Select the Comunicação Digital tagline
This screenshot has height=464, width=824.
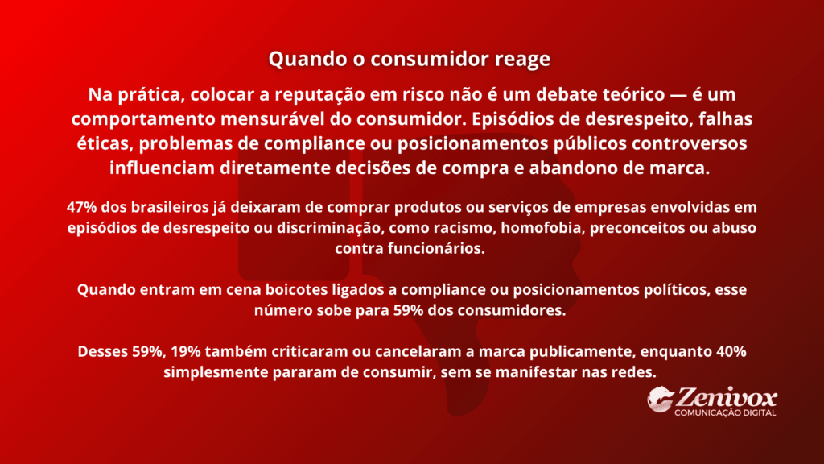pos(725,412)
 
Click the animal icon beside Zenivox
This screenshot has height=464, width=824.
pos(661,400)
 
